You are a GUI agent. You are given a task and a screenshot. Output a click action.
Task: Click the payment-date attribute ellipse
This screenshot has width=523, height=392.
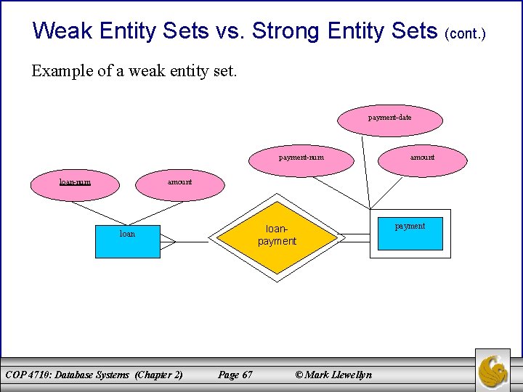click(x=390, y=118)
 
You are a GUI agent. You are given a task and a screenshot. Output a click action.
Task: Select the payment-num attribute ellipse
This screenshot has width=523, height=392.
click(x=301, y=158)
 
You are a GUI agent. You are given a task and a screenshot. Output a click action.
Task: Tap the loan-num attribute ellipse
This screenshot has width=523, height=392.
click(x=75, y=182)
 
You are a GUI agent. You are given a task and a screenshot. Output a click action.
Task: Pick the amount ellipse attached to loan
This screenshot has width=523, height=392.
click(x=179, y=182)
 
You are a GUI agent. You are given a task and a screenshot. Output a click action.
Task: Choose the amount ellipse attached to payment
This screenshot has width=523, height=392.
click(x=422, y=158)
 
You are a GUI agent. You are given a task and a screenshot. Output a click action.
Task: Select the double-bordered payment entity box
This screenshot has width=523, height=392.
click(x=410, y=233)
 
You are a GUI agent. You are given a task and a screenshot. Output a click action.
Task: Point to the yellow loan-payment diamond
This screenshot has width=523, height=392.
click(x=277, y=236)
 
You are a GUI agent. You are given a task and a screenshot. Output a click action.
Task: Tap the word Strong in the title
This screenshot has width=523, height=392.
click(x=288, y=30)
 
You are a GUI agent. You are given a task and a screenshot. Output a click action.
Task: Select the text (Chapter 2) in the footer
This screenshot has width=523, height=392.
click(x=158, y=375)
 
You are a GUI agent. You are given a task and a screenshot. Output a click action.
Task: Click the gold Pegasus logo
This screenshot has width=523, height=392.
click(x=493, y=369)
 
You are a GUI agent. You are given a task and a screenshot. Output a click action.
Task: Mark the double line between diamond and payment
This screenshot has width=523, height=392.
click(x=354, y=237)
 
